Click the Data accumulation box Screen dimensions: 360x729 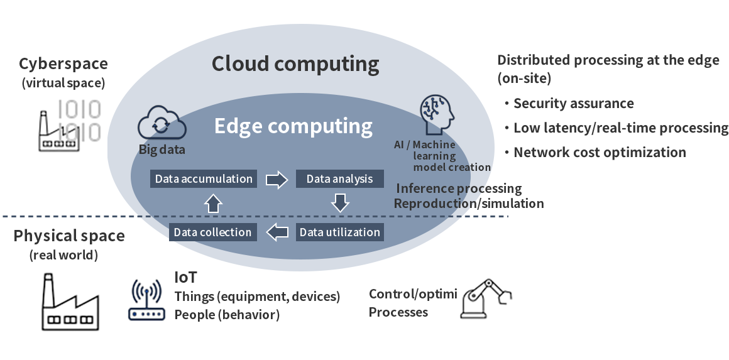pos(204,179)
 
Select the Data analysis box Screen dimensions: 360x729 pos(339,179)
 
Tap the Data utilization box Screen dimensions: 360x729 pos(339,232)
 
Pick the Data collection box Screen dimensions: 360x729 pos(212,232)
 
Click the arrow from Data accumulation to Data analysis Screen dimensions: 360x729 pos(275,180)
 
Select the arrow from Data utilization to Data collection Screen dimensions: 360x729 pos(277,232)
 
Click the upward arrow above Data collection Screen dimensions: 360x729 pos(213,203)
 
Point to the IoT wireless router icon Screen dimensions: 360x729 pos(146,301)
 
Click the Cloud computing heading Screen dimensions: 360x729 pos(295,63)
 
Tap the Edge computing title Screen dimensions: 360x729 pos(293,126)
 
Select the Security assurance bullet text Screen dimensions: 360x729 pos(573,104)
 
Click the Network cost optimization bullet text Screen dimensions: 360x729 pos(600,152)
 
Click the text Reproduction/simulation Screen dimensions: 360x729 pos(468,204)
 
